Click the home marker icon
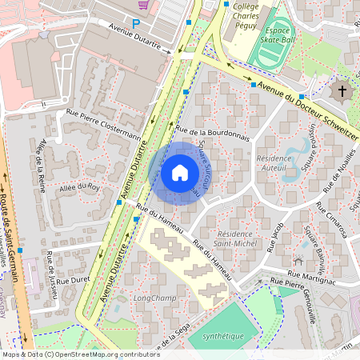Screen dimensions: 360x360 180,172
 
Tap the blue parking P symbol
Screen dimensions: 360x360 136,24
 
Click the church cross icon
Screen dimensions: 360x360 343,90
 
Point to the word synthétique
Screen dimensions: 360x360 222,336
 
